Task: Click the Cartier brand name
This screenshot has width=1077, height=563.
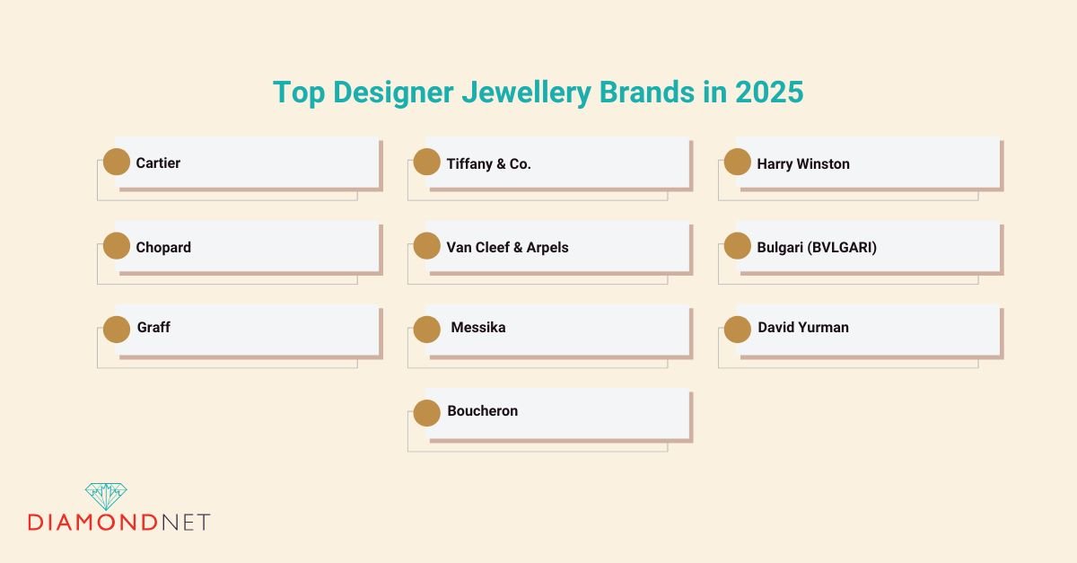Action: [x=158, y=163]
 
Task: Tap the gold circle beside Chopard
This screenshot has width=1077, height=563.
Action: [x=117, y=246]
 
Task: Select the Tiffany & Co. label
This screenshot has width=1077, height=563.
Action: [x=488, y=163]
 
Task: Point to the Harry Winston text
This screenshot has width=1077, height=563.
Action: [x=802, y=163]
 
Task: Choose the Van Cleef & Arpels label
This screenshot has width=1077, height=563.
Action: [x=507, y=247]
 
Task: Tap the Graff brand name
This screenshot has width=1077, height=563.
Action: [x=153, y=328]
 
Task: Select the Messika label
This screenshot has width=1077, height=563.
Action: [x=477, y=328]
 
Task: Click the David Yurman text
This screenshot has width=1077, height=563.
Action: [x=802, y=328]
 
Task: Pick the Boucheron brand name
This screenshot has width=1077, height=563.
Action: [x=482, y=411]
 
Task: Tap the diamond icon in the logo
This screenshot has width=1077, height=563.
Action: [x=106, y=496]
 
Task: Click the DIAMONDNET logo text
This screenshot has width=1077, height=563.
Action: [x=118, y=522]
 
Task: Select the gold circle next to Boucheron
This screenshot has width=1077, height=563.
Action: [x=427, y=412]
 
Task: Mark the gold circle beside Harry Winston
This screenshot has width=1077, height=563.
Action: [x=738, y=163]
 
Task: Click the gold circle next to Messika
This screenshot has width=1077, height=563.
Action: [x=427, y=330]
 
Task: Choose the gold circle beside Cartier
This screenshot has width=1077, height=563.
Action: [x=117, y=163]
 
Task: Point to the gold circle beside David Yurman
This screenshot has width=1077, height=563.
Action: [x=738, y=330]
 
